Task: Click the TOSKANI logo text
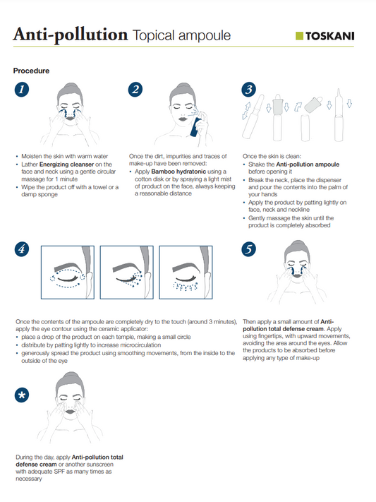coord(330,36)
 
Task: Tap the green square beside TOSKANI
coord(299,36)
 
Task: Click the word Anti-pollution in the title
coord(71,35)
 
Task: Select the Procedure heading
coord(31,71)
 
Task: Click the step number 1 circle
coord(22,90)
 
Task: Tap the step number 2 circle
coord(135,90)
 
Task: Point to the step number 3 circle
coord(248,90)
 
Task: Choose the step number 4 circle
coord(22,249)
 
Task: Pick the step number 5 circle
coord(248,249)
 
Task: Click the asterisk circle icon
coord(22,395)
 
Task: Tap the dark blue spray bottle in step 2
coord(195,127)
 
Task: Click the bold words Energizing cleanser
coord(66,165)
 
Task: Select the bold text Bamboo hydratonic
coord(178,172)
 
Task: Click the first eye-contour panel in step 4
coord(68,273)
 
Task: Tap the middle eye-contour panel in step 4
coord(127,273)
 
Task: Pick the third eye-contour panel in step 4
coord(186,273)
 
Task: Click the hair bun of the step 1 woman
coord(71,86)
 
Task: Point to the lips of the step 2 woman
coord(183,119)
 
